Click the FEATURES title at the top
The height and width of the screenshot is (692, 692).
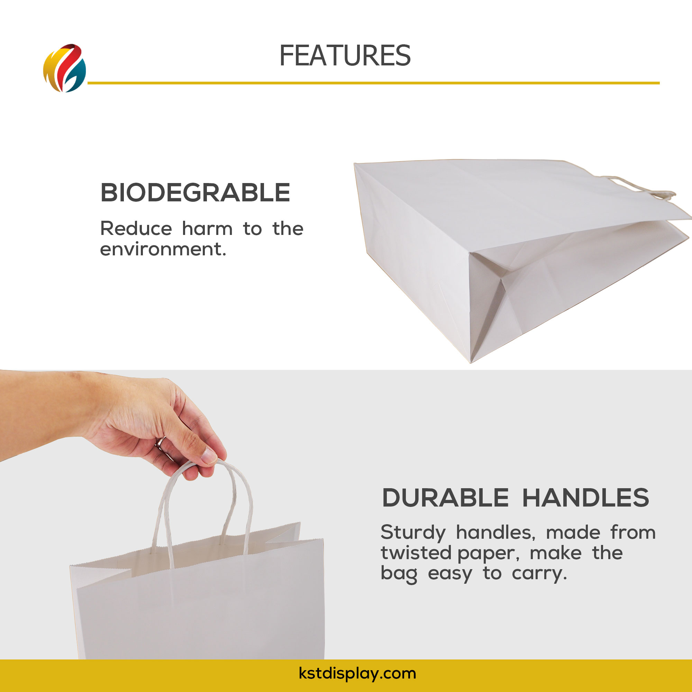[345, 55]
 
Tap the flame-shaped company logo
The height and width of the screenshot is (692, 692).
[64, 68]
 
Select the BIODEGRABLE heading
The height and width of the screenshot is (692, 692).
[195, 193]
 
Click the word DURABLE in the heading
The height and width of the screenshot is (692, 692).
[445, 498]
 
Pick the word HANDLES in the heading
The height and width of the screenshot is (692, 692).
[586, 498]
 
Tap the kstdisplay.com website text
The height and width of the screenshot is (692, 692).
[357, 673]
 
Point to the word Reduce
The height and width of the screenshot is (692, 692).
[136, 228]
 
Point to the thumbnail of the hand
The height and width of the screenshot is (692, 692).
[209, 455]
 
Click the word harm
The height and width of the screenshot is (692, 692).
[207, 228]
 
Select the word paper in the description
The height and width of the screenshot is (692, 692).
[489, 554]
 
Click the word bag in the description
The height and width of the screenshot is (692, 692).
[399, 574]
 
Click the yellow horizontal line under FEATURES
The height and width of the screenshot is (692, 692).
[374, 83]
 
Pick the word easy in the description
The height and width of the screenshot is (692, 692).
[450, 574]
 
